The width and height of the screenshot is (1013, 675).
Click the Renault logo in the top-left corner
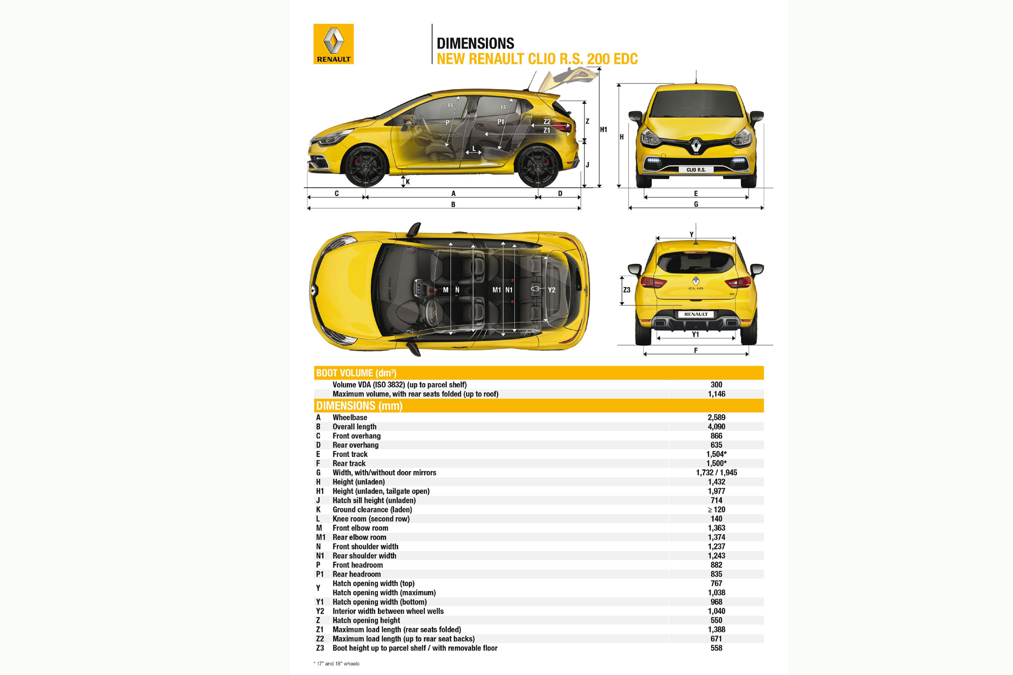coord(333,44)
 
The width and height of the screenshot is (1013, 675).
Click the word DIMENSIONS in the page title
coord(475,44)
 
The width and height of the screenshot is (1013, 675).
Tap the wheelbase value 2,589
coord(716,418)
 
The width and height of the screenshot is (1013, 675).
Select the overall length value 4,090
coord(716,427)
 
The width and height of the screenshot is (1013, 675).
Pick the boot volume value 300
coord(716,385)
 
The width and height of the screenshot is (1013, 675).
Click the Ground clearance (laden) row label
coord(372,510)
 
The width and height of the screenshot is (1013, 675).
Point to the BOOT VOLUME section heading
coord(356,373)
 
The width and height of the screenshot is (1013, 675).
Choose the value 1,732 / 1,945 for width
coord(716,473)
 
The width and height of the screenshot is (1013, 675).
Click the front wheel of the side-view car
coord(365,166)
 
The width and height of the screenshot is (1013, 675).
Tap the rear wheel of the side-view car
coord(538,166)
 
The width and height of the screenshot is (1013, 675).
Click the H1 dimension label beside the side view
coord(604,130)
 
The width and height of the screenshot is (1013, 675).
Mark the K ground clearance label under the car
coord(408,182)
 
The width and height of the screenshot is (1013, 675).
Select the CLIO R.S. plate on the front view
coord(696,170)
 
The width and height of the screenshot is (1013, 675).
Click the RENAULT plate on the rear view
coord(696,314)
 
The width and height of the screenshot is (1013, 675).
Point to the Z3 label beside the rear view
coord(627,290)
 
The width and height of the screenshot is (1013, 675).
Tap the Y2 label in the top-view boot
coord(552,290)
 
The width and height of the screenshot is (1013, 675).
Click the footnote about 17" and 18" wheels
coord(337,664)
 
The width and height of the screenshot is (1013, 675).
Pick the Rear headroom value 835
coord(716,574)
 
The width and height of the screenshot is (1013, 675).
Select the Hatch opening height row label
coord(366,621)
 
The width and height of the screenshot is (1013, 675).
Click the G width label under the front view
coord(696,205)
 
